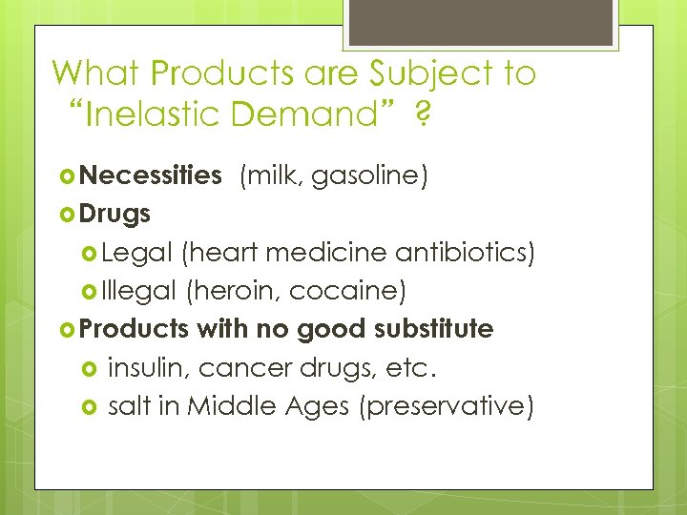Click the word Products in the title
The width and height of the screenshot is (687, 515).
click(x=212, y=73)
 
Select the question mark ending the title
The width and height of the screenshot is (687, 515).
click(x=421, y=115)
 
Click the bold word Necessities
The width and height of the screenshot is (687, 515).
click(x=151, y=175)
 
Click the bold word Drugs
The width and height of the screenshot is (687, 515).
click(x=115, y=214)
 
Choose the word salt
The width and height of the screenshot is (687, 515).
click(x=132, y=405)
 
